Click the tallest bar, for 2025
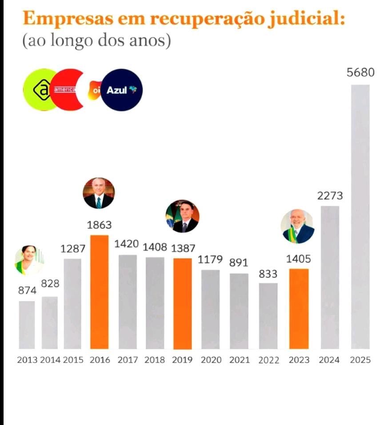360,217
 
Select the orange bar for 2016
100,292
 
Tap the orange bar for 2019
183,303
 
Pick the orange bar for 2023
299,309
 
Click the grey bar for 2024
330,277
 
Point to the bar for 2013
27,325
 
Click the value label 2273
330,196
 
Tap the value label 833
268,274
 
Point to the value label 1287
73,249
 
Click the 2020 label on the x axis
210,360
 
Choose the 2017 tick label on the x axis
128,360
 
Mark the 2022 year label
268,360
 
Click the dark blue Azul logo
121,90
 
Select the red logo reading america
67,90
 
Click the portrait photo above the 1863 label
99,193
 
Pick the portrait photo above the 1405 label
298,226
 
